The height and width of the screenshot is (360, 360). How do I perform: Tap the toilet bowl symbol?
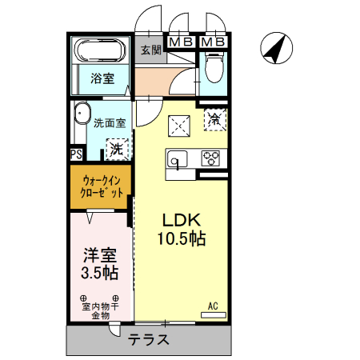(214, 67)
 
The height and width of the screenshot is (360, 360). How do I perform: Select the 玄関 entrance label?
(151, 50)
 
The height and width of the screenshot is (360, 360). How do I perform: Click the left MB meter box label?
(181, 42)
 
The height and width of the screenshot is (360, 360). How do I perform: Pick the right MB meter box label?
(214, 42)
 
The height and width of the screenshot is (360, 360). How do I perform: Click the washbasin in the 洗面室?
(82, 113)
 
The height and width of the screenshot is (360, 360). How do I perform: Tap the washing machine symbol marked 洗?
(118, 150)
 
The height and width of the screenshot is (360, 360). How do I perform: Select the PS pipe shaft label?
(76, 154)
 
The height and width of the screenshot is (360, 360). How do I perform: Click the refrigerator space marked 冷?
(215, 120)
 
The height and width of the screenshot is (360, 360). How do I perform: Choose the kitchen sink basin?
(177, 159)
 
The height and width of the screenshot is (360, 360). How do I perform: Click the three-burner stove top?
(210, 158)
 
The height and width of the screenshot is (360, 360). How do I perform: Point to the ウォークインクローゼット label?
(102, 186)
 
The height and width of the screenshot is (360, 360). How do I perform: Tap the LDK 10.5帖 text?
(182, 230)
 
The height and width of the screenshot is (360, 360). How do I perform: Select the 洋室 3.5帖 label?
(100, 264)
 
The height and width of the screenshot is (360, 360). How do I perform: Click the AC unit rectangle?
(214, 315)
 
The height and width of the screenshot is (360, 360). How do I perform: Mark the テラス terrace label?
(149, 339)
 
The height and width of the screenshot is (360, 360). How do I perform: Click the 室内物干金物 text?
(100, 311)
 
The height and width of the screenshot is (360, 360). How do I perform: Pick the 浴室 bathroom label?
(102, 78)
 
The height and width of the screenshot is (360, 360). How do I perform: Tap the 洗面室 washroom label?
(110, 123)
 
